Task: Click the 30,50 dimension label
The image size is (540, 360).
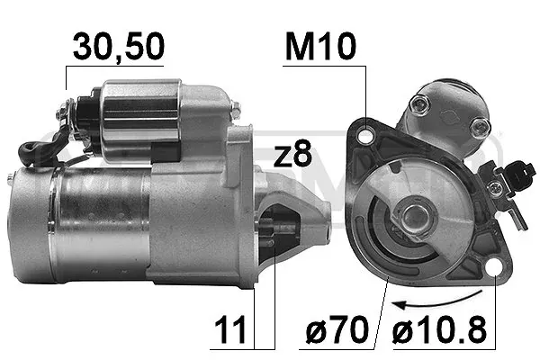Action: pyautogui.click(x=119, y=47)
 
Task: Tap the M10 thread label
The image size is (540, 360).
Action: pyautogui.click(x=320, y=46)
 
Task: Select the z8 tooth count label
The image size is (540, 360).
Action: pyautogui.click(x=292, y=154)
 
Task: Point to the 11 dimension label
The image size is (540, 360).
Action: pyautogui.click(x=230, y=329)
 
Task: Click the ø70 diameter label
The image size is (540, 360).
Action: pyautogui.click(x=337, y=329)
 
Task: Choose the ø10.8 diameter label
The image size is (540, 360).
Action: pyautogui.click(x=439, y=329)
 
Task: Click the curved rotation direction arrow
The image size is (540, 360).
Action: pyautogui.click(x=436, y=301)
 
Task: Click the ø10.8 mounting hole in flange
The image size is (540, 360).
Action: pyautogui.click(x=495, y=266)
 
